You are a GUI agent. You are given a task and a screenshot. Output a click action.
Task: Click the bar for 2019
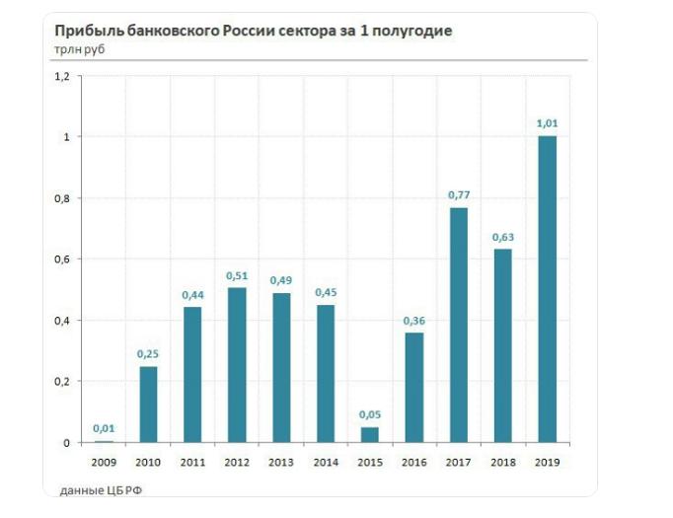point(547,289)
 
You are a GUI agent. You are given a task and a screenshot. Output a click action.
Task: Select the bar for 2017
point(458,325)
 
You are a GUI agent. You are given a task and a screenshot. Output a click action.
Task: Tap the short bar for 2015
point(370,434)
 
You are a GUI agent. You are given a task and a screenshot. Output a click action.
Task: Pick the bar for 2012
point(237,364)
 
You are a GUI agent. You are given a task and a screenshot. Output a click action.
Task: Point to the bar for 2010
point(148,405)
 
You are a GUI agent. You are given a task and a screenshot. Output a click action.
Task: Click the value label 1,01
point(547,123)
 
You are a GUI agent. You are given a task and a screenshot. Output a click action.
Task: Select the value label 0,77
point(458,195)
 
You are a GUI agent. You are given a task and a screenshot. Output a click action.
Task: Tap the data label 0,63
point(502,237)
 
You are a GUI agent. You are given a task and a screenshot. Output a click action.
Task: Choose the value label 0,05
point(370,414)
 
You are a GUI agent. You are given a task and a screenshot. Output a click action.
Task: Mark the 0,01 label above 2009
point(104,427)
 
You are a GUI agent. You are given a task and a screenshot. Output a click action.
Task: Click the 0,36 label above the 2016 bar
point(414,320)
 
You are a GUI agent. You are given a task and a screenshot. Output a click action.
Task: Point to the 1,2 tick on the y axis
point(62,76)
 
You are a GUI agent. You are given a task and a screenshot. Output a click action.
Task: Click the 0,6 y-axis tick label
point(62,259)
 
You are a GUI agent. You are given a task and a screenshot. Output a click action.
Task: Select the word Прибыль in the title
point(84,31)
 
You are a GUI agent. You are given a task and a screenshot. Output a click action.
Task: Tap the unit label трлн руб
point(79,48)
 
